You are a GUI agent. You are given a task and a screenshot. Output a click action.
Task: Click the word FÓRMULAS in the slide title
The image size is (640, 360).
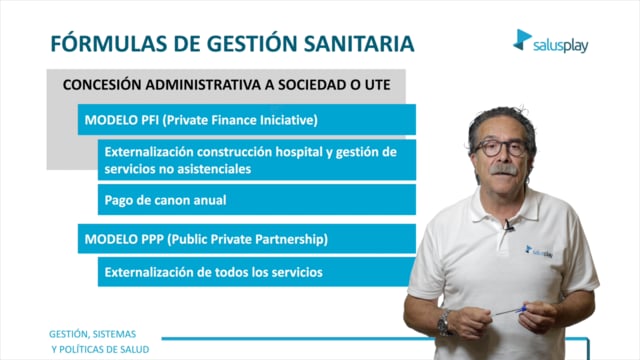[109, 43]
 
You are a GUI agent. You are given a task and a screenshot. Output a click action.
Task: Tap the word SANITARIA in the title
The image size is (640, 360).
[359, 44]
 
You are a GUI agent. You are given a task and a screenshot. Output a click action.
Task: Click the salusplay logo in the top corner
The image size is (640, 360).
[550, 41]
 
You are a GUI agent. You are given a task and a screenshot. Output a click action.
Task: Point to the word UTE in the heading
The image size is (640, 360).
[378, 85]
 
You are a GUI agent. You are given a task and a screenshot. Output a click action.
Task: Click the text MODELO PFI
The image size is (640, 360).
[121, 120]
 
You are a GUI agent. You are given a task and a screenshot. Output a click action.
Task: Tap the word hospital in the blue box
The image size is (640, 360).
[299, 152]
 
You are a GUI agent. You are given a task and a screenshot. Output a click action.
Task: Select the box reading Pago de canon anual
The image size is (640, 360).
[257, 200]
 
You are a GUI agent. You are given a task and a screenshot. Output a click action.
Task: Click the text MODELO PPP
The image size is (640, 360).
[124, 239]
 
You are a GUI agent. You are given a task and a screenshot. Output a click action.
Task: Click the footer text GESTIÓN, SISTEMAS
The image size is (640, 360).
[93, 334]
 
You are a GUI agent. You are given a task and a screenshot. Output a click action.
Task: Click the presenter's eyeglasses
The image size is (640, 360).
[500, 147]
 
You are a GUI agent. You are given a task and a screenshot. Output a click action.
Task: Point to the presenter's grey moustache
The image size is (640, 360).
[503, 169]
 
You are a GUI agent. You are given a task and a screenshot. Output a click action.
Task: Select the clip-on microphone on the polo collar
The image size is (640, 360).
[508, 225]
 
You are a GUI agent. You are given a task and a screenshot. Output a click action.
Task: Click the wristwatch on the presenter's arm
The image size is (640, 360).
[444, 323]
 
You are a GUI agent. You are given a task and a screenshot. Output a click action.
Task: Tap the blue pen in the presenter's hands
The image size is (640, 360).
[509, 311]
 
